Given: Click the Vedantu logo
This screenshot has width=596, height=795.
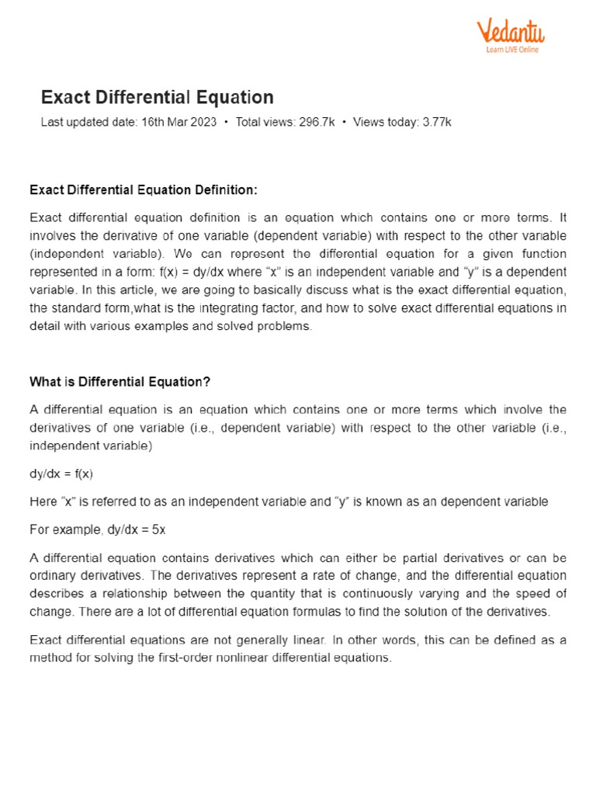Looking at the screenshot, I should pos(510,33).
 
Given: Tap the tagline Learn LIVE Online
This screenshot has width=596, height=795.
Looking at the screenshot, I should pos(512,50).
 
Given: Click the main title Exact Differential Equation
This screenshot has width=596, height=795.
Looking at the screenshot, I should pos(157,97).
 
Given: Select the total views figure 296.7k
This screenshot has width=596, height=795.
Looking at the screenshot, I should pos(317,123).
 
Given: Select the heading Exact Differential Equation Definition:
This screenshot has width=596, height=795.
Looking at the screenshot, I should pos(143,190).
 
